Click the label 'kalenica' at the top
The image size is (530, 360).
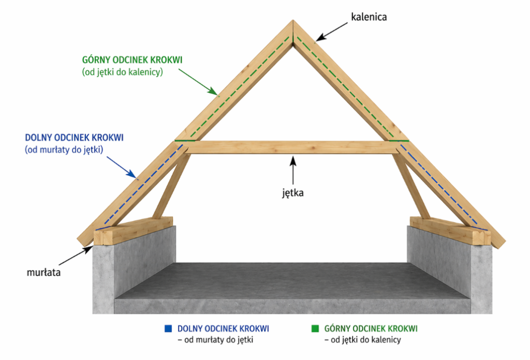(369, 17)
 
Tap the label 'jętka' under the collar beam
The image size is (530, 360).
(292, 194)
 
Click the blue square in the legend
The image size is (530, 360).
(167, 328)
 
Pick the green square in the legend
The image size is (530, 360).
(314, 328)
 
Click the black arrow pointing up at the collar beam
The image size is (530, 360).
(293, 171)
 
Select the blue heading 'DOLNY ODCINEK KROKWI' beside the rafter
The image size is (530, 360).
(74, 138)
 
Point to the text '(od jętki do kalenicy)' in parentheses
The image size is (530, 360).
(123, 73)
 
